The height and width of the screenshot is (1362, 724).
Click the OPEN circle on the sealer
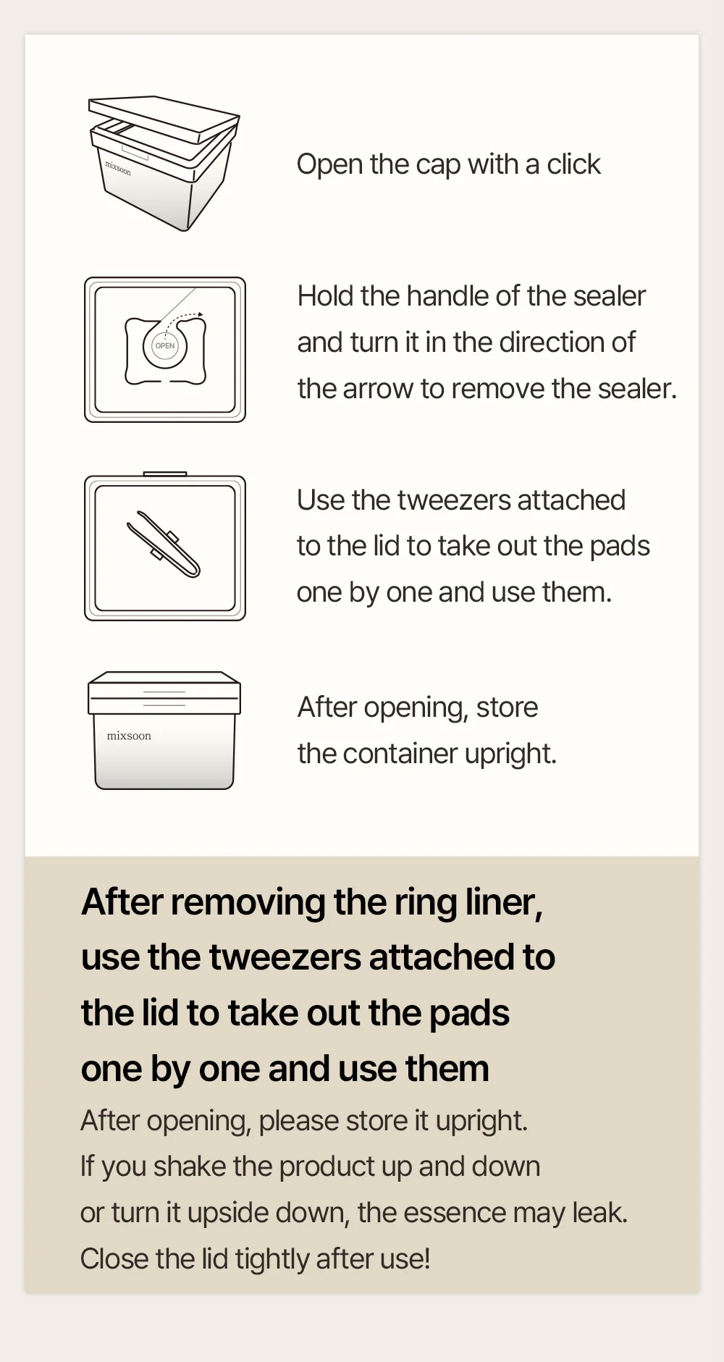click(x=165, y=346)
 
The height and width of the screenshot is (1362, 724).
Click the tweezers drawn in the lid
click(x=164, y=545)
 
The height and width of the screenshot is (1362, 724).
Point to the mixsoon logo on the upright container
click(x=129, y=736)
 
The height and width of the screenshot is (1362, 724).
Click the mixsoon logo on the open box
click(x=118, y=168)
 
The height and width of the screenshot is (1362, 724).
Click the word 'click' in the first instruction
click(x=573, y=164)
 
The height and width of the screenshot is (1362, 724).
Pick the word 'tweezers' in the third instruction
click(x=453, y=500)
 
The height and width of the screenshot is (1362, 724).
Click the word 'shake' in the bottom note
click(x=190, y=1166)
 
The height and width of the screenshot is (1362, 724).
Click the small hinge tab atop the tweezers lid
click(x=165, y=474)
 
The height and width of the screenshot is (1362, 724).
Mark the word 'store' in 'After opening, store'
click(x=507, y=707)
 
